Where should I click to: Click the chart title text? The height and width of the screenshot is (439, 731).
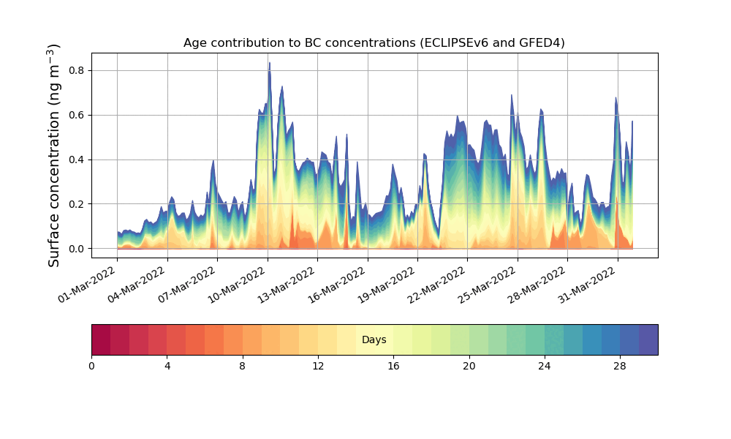(374, 43)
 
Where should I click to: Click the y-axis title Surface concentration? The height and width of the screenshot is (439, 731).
(54, 155)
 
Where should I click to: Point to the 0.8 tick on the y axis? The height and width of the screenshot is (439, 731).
(76, 70)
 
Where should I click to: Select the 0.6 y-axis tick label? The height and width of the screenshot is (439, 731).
(76, 115)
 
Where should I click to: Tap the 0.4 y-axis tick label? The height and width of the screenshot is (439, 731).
(76, 160)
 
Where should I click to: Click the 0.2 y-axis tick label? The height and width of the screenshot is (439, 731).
(76, 204)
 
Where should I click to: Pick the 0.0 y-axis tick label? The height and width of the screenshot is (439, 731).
(76, 249)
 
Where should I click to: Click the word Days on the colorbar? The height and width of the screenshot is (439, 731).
(374, 340)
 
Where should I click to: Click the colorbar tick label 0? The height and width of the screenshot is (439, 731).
(91, 366)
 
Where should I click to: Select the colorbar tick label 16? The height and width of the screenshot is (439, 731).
(393, 366)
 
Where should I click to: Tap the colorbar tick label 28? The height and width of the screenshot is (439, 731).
(620, 366)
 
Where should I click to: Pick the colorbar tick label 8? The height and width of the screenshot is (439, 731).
(243, 366)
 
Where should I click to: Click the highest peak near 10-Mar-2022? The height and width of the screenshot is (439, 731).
(269, 64)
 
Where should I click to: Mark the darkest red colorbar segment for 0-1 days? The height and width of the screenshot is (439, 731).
(101, 339)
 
